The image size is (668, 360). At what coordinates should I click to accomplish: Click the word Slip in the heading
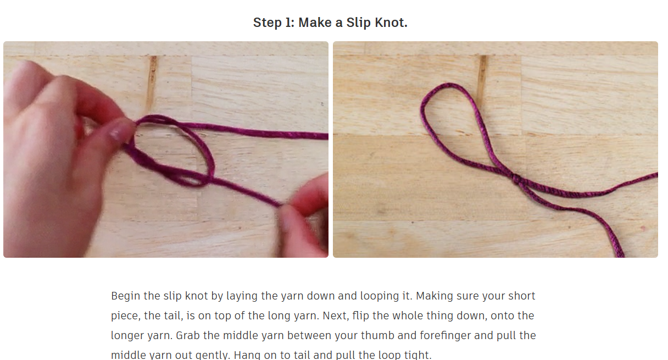click(x=357, y=23)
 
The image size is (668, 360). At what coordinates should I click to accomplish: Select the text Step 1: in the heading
click(x=274, y=23)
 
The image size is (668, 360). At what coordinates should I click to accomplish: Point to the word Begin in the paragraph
click(x=125, y=296)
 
